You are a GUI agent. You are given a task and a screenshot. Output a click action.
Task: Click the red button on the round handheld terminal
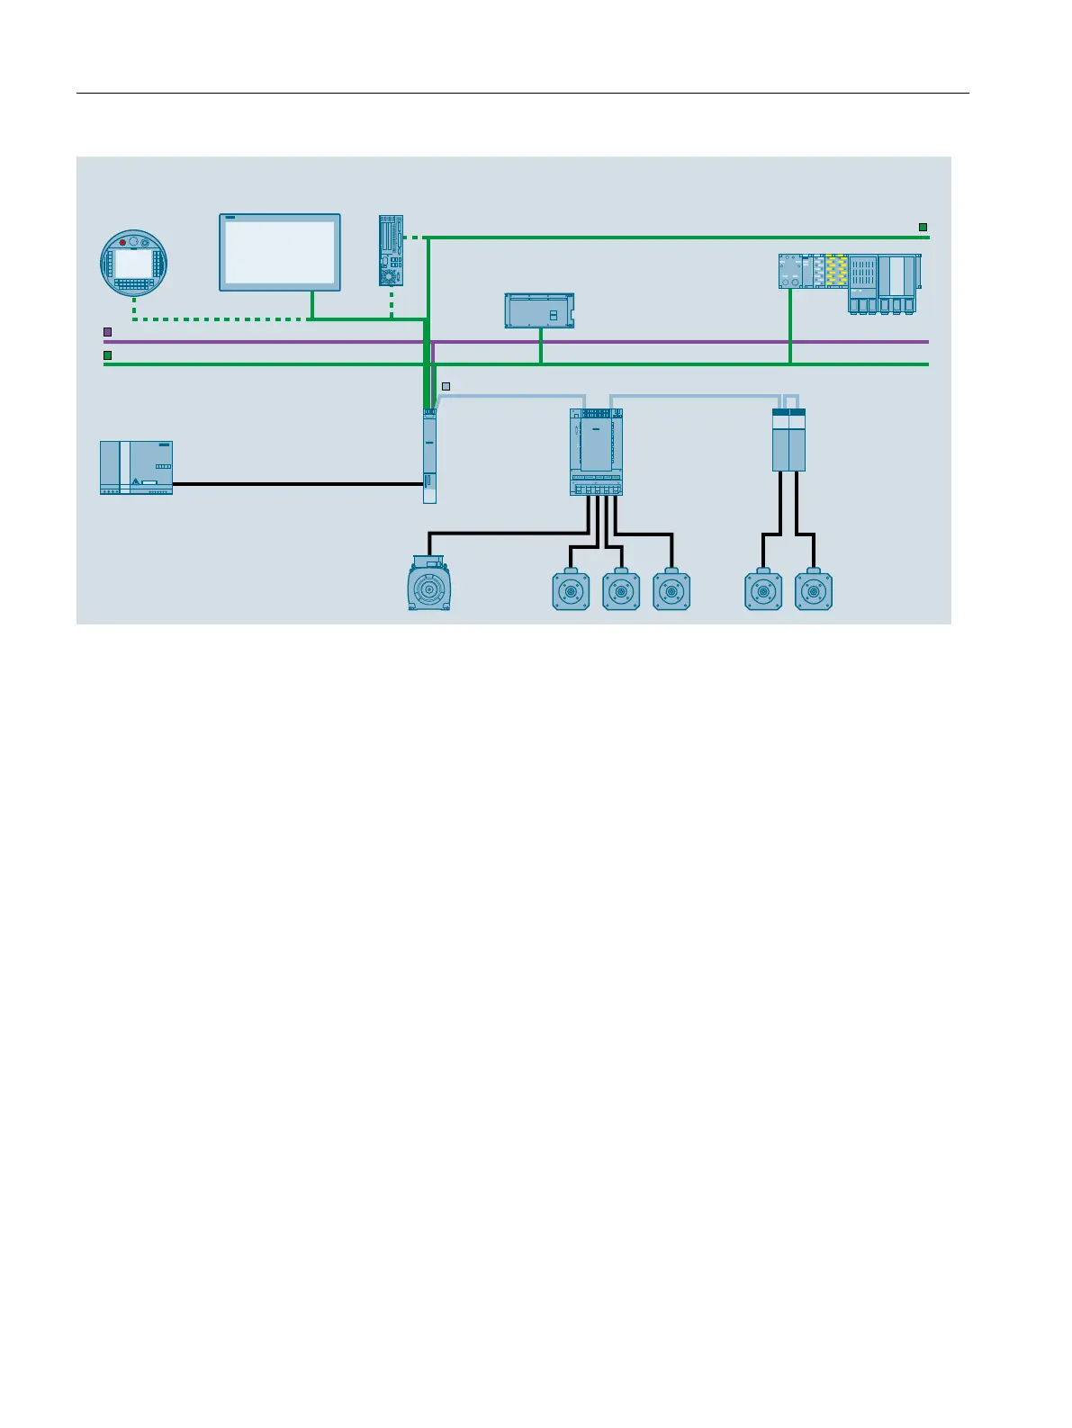coord(122,243)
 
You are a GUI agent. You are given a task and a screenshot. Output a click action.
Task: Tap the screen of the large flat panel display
coord(279,253)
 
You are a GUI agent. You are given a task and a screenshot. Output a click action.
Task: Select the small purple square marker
coord(107,332)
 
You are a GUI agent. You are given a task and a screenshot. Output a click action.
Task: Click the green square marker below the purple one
coord(107,355)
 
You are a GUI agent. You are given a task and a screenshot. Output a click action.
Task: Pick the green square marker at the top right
coord(923,228)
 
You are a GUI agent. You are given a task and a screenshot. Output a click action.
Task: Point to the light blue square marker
coord(446,387)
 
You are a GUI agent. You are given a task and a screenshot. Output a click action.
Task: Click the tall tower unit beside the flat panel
coord(391,250)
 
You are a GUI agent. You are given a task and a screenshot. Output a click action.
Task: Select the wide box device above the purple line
coord(538,310)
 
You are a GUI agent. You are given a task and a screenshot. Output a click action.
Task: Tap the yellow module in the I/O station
coord(836,270)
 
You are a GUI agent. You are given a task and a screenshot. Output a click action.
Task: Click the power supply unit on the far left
coord(136,467)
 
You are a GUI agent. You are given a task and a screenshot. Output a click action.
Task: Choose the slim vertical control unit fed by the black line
coord(430,456)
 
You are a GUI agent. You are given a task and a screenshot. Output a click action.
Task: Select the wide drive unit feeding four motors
coord(596,451)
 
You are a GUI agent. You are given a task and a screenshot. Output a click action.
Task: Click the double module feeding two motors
coord(788,440)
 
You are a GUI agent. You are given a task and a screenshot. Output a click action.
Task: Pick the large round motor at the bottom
coord(429,586)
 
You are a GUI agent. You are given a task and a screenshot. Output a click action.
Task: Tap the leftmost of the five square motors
coord(571,590)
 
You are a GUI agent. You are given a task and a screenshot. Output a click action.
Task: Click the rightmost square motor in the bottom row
coord(814,590)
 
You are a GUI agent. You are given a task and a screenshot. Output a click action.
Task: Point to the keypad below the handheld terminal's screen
coord(133,284)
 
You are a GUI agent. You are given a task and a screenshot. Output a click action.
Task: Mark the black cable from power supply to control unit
coord(297,484)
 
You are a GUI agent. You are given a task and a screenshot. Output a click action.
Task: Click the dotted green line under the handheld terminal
coord(216,319)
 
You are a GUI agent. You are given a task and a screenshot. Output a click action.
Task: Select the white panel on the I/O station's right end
coord(896,274)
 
